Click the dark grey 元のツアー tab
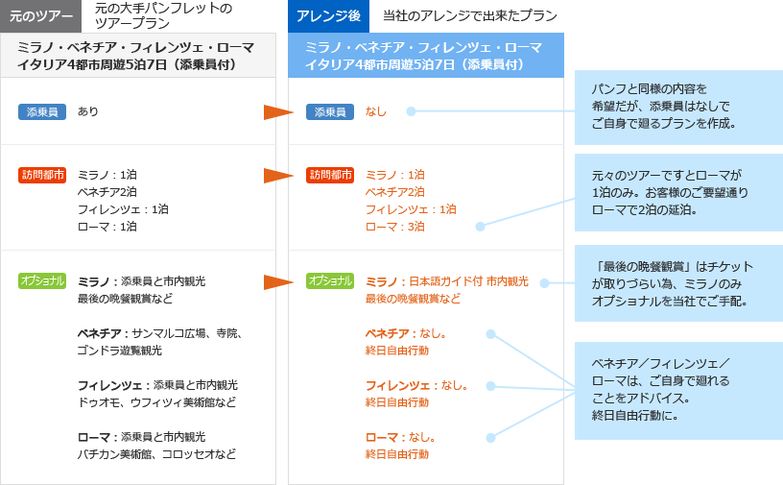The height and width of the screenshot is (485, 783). pos(41,16)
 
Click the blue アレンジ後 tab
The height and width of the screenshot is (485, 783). pos(327,16)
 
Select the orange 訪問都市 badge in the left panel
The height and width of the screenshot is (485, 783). pos(42,175)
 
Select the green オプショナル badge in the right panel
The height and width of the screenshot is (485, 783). pos(330,280)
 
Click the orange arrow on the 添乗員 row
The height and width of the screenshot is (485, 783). pos(278,112)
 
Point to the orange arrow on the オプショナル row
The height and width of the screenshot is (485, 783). pos(278,282)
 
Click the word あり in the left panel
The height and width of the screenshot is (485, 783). pos(88,111)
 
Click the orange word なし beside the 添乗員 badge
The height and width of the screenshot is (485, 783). pos(376,111)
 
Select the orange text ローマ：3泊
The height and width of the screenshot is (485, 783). pos(395,227)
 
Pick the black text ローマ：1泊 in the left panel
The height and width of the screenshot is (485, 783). pos(107,227)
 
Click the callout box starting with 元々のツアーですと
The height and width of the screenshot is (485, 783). pos(677,192)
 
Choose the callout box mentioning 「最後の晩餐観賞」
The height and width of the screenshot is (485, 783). pos(677,283)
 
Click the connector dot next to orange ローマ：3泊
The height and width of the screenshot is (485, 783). pos(481,227)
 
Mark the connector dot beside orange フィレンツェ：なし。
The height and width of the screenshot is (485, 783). pos(490,386)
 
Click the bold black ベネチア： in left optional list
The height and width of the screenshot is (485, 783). pos(104,333)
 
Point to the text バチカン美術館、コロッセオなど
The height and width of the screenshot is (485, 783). pos(156,454)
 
